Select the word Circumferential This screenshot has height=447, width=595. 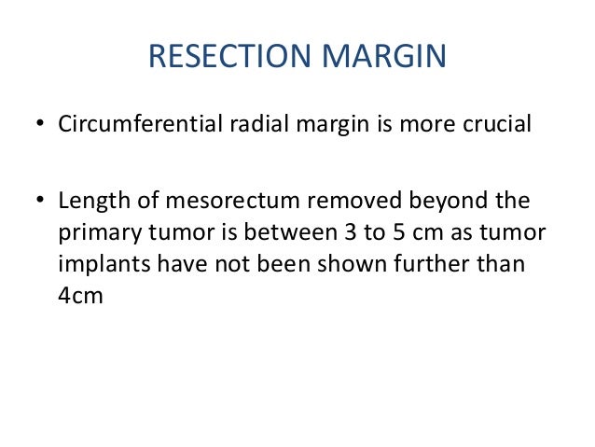pos(139,124)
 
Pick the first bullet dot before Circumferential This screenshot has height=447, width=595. pos(38,125)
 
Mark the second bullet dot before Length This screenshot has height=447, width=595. pos(38,203)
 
